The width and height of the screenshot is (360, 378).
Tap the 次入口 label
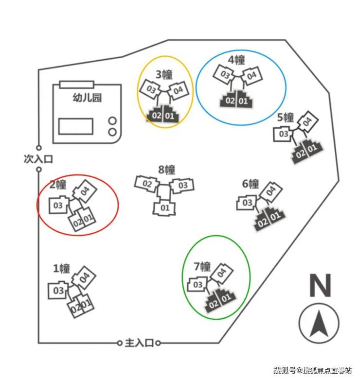coord(37,159)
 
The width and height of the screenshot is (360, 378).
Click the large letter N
coord(320,286)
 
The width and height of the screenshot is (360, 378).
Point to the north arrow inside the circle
coord(319,324)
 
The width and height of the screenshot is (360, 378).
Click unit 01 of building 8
coord(164,208)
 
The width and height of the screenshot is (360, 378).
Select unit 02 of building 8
coord(147,184)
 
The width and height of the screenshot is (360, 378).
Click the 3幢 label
coord(164,75)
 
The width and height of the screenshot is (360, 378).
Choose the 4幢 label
coord(236,60)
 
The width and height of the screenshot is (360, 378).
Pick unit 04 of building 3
coord(178,90)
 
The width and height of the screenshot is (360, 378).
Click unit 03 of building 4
coord(225,75)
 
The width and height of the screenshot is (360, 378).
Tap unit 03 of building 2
coord(58,206)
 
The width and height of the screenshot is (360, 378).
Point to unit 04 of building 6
coord(271,190)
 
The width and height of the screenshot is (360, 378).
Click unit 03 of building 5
coord(283,134)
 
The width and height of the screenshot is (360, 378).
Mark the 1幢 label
coord(61,268)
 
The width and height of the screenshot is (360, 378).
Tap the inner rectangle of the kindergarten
coord(75,126)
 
